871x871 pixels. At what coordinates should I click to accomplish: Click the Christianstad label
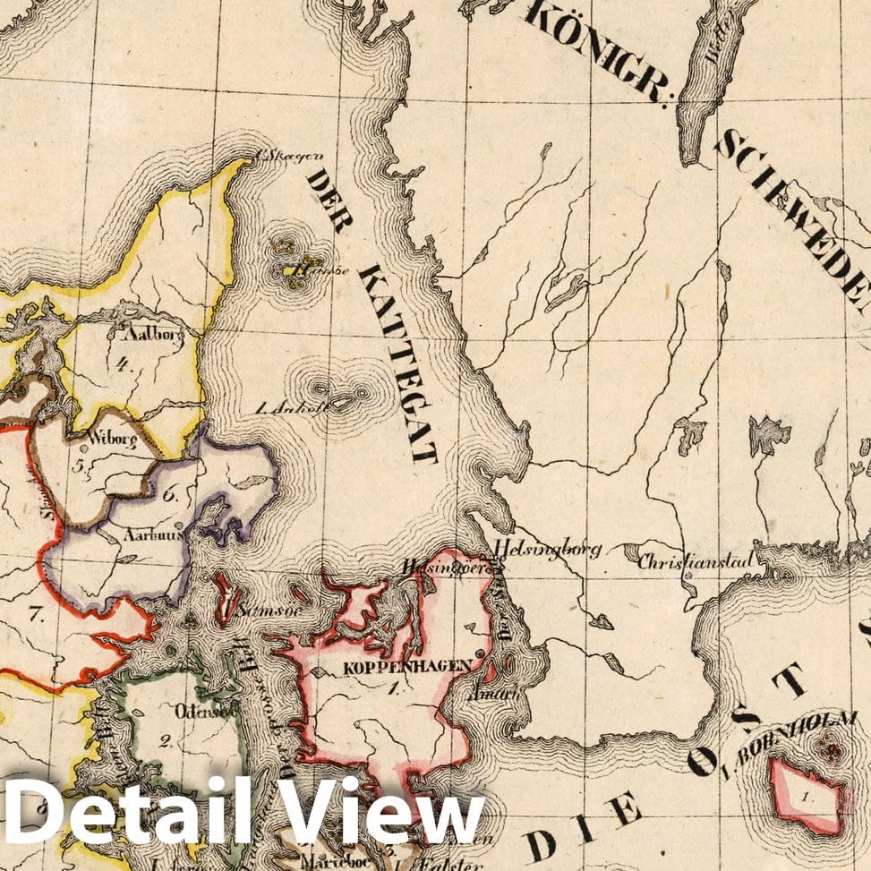click(x=695, y=561)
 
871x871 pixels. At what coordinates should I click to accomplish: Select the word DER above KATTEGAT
click(x=328, y=202)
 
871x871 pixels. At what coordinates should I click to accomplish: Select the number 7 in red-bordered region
click(x=36, y=613)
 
